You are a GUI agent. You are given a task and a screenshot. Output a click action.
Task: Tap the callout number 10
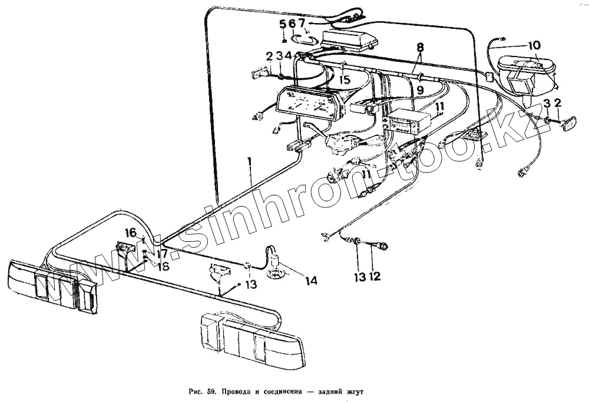[x=534, y=45]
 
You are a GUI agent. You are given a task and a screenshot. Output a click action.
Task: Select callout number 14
[x=311, y=281]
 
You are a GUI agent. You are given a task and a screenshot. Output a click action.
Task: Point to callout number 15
[x=345, y=79]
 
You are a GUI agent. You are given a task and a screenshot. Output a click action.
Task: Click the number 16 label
[x=130, y=232]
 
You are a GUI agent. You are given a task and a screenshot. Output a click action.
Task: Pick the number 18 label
[x=163, y=266]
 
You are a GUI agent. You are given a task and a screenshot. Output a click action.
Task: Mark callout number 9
[x=420, y=90]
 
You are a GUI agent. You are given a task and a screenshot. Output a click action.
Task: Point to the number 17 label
[x=162, y=254]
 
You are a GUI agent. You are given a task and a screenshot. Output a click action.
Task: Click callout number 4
[x=288, y=56]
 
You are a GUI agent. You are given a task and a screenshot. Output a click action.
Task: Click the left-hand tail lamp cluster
[x=53, y=285]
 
